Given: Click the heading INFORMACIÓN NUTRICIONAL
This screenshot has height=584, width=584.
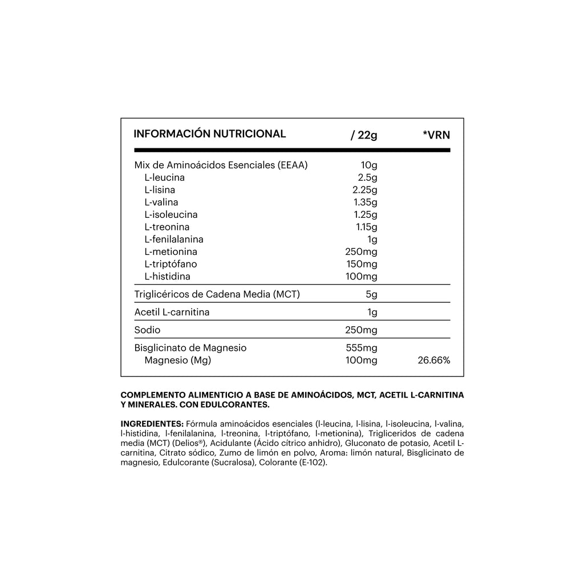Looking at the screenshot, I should point(209,134).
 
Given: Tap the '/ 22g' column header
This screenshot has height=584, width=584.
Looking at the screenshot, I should point(364,135).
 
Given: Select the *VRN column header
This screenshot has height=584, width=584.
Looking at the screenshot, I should point(436,135).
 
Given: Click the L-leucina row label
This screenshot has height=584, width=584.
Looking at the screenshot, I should point(165,177).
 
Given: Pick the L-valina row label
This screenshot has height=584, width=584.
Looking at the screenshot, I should point(161,202).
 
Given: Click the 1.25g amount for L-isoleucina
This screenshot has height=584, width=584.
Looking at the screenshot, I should point(364,215).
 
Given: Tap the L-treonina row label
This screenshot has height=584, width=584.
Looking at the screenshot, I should point(167,227).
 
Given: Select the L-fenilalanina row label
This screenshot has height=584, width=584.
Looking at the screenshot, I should point(174,240).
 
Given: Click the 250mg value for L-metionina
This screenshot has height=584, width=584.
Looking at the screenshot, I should point(362,252).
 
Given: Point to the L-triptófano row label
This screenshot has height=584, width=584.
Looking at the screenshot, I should point(171,265).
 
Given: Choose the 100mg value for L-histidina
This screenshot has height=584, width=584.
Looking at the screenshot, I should point(362,277).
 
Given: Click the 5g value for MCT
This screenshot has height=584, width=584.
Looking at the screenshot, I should point(371,294).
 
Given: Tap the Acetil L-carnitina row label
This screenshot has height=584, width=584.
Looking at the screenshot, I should point(172,312).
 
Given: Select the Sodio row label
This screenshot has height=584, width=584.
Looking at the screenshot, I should point(147,330).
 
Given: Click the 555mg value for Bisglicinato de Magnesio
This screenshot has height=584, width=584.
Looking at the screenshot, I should point(362,347).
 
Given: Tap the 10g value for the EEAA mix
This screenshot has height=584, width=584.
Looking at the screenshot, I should point(370,165).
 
